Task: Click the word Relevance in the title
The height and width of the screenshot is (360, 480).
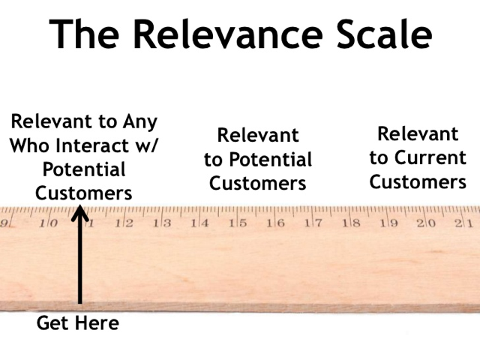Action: pyautogui.click(x=228, y=34)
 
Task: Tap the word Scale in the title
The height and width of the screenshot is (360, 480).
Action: pyautogui.click(x=385, y=34)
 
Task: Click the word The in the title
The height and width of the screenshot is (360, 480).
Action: pyautogui.click(x=84, y=34)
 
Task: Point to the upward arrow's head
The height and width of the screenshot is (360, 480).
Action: pyautogui.click(x=80, y=213)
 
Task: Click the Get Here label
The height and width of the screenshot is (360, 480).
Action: pyautogui.click(x=78, y=323)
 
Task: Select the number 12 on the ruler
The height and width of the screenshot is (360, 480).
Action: pyautogui.click(x=124, y=223)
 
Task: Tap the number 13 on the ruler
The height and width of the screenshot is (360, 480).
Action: pyautogui.click(x=162, y=223)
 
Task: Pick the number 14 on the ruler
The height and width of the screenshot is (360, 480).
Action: pyautogui.click(x=199, y=223)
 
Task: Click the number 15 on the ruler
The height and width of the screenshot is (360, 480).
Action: pyautogui.click(x=238, y=223)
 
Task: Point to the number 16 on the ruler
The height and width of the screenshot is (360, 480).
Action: pyautogui.click(x=275, y=223)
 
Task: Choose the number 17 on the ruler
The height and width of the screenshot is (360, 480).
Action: pyautogui.click(x=313, y=223)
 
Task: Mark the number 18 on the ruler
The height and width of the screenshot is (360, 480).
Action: pyautogui.click(x=351, y=223)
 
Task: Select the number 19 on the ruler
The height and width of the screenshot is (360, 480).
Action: pyautogui.click(x=389, y=223)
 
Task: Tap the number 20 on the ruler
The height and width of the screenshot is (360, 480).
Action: pyautogui.click(x=426, y=223)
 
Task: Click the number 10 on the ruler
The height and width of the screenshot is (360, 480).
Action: pyautogui.click(x=48, y=223)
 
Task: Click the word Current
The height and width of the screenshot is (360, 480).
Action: pyautogui.click(x=430, y=157)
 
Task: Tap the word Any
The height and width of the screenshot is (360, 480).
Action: pyautogui.click(x=140, y=122)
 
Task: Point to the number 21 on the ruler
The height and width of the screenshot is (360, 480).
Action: pyautogui.click(x=464, y=223)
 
